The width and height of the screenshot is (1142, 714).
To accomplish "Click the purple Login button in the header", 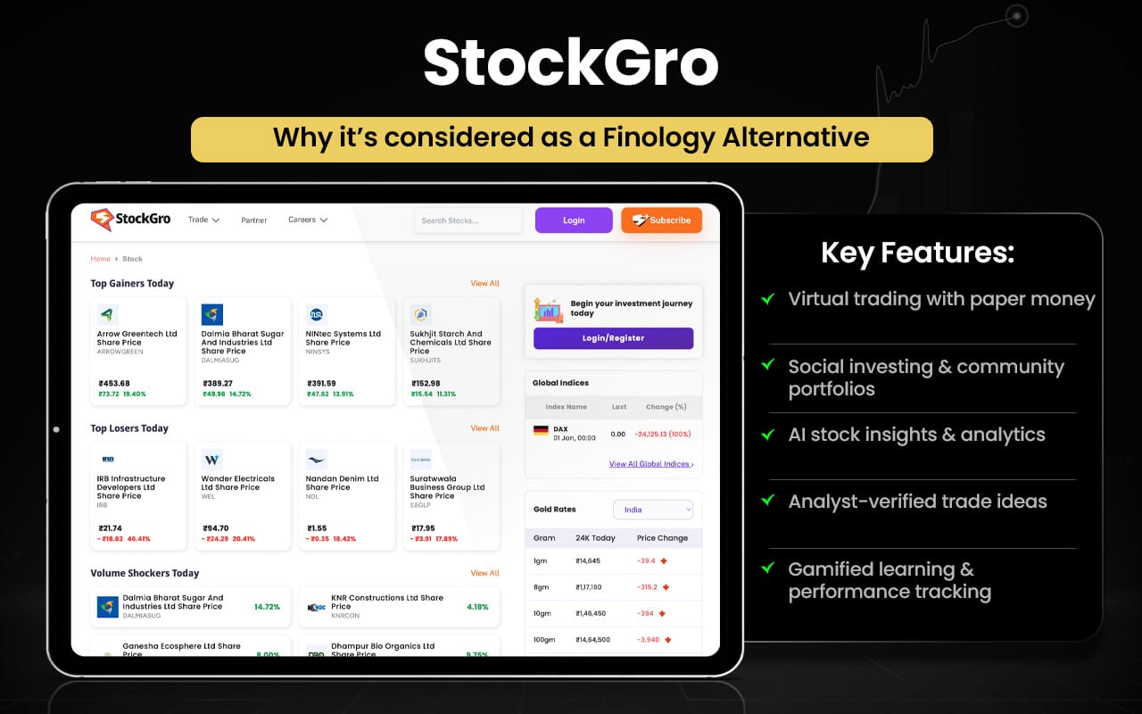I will tap(574, 220).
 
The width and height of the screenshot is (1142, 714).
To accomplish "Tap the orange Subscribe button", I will tap(661, 220).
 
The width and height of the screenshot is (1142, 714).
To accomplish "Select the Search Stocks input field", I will tap(468, 220).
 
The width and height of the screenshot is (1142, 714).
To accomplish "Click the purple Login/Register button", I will tap(613, 338).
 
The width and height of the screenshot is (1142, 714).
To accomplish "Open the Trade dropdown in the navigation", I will tap(203, 220).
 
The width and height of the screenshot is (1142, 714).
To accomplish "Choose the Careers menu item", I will tap(307, 220).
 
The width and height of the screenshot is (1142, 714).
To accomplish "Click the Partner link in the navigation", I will tap(254, 220).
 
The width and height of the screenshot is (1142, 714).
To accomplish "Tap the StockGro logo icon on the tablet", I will tap(102, 220).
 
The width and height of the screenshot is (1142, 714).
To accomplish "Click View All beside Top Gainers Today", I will tap(484, 284).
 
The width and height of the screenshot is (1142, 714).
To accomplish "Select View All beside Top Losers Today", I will tap(484, 428).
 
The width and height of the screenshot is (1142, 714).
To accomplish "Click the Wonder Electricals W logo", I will tap(211, 460).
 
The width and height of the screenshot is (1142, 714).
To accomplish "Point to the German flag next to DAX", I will tap(541, 430).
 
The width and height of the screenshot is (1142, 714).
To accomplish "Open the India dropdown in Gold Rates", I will tap(653, 510).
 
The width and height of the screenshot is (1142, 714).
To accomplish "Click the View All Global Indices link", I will tap(650, 464).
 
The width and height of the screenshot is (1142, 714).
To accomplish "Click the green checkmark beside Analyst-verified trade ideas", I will tap(767, 501).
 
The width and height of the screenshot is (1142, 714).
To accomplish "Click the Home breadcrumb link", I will tap(100, 259).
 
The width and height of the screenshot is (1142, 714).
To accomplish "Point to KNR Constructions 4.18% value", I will tap(477, 607).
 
